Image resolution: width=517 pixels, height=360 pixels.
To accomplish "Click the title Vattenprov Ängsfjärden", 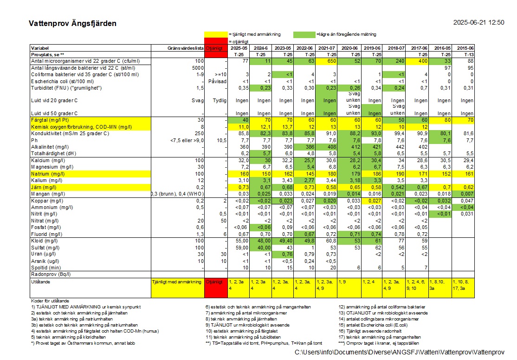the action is coord(72,23).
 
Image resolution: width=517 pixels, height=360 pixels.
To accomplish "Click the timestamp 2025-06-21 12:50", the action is coord(479,22).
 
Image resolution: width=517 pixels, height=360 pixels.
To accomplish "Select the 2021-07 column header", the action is coord(326,48).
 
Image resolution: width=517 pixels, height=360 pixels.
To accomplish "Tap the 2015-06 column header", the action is coord(465,48).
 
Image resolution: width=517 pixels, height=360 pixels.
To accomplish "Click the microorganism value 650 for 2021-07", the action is coord(331,61).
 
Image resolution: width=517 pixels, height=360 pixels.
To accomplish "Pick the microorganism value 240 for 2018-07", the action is coord(400,61).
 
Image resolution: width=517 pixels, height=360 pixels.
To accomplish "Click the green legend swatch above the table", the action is coord(304,35).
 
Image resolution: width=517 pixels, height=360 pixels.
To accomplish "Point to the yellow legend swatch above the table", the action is coord(216,35).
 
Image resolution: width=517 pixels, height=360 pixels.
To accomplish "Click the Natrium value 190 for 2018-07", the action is coord(400,174).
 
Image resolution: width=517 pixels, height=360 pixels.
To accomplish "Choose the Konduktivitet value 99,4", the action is coord(399,134).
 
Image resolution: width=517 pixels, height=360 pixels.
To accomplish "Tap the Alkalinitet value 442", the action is coord(400,147).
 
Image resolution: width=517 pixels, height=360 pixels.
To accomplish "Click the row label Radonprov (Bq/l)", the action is coord(51,275).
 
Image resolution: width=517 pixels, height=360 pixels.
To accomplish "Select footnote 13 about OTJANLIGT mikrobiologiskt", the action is coord(383,313).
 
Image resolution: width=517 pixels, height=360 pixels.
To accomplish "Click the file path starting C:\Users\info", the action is coord(400,353).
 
